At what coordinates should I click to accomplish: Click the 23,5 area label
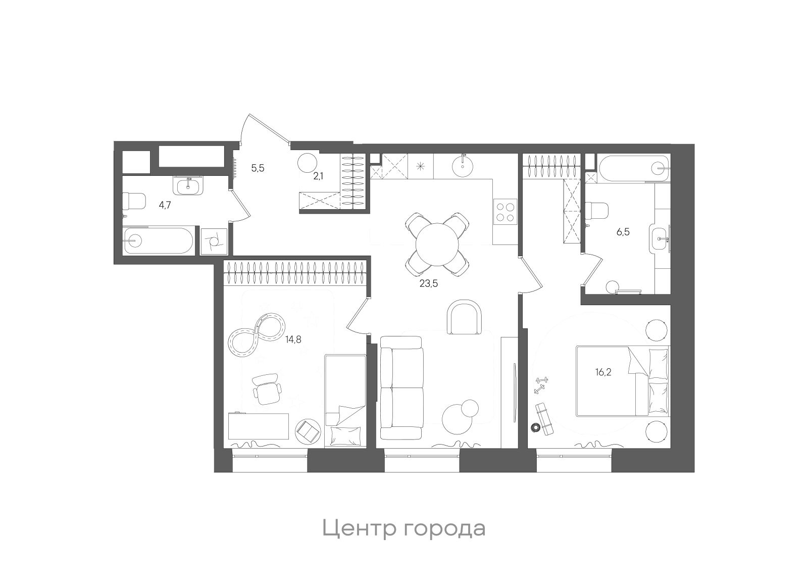tap(428, 283)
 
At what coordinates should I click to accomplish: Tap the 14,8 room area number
tap(293, 339)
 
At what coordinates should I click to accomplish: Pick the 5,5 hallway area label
tap(258, 168)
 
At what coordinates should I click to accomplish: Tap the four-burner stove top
tap(504, 212)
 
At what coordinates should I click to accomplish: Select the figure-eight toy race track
tap(257, 335)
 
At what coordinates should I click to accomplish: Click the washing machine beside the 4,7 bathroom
tap(214, 242)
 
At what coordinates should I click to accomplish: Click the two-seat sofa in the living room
tap(401, 387)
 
